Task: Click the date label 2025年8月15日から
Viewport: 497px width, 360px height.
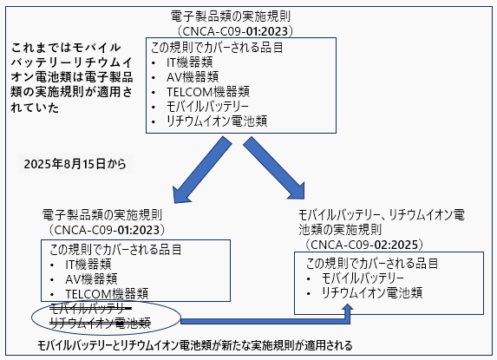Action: [75, 164]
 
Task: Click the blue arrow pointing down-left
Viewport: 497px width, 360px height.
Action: [202, 171]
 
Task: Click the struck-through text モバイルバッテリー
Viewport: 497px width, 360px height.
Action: [90, 307]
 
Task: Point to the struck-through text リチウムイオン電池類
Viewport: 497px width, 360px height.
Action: [100, 323]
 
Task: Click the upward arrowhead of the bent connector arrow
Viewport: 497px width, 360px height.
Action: [348, 307]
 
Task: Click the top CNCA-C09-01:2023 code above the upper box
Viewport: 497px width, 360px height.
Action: [235, 31]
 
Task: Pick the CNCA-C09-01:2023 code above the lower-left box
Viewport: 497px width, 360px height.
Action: [107, 230]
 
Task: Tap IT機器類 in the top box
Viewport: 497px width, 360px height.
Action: [190, 62]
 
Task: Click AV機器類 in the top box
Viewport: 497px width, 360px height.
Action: [193, 77]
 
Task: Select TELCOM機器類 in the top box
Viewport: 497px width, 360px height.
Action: [208, 92]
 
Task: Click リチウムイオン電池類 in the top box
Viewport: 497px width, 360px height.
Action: [217, 121]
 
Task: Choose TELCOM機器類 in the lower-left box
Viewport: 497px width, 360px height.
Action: [107, 294]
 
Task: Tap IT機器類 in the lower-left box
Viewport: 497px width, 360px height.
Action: [88, 264]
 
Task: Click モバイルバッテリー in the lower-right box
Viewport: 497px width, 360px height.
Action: [363, 278]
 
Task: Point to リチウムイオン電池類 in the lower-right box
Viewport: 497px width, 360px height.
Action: [372, 293]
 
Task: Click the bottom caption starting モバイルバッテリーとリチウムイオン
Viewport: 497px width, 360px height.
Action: [195, 345]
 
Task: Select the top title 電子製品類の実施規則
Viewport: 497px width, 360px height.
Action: [231, 16]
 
